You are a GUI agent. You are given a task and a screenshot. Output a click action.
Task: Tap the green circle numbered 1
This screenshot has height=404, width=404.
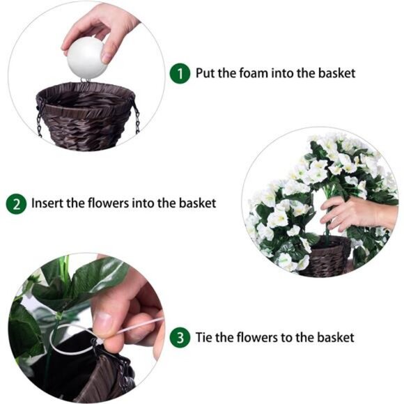tap(180, 73)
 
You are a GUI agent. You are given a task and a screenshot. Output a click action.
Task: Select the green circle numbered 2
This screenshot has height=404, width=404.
tap(16, 204)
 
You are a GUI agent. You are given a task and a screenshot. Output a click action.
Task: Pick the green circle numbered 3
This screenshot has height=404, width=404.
tap(180, 338)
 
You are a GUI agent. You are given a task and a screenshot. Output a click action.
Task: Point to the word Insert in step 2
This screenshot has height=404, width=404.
tap(46, 203)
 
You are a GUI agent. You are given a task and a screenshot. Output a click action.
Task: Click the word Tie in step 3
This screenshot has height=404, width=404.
tap(205, 338)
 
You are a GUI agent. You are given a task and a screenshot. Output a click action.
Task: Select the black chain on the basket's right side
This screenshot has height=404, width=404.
tap(137, 117)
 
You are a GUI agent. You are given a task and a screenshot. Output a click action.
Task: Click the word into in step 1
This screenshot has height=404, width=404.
tap(286, 73)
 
